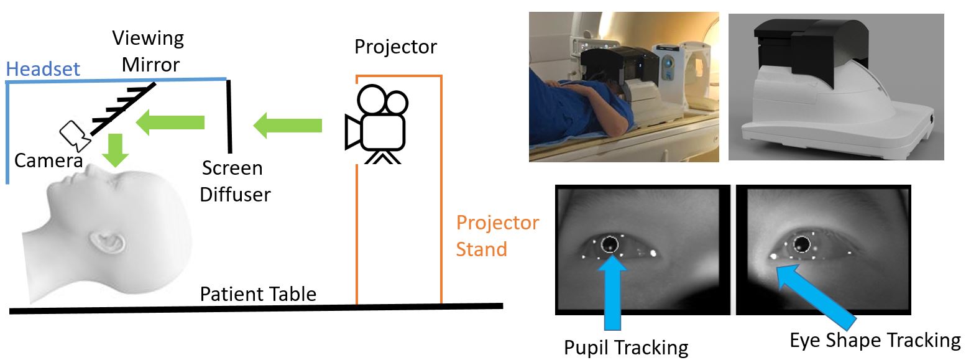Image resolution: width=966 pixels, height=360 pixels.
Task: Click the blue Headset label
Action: pos(43,68)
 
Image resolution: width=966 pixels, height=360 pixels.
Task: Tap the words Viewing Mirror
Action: pos(148,51)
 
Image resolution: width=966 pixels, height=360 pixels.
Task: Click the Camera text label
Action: pos(48,161)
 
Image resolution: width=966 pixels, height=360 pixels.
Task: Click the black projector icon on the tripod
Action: pos(375,124)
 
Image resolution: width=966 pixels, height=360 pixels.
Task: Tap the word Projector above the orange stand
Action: pos(395,47)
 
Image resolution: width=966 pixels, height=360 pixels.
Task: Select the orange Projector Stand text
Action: pos(497,236)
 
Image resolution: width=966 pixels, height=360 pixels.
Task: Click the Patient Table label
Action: pos(257,293)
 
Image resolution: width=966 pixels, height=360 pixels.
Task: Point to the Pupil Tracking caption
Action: pos(625,346)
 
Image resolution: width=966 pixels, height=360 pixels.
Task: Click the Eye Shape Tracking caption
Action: pos(875,339)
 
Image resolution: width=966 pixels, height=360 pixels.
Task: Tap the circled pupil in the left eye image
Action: pos(610,243)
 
